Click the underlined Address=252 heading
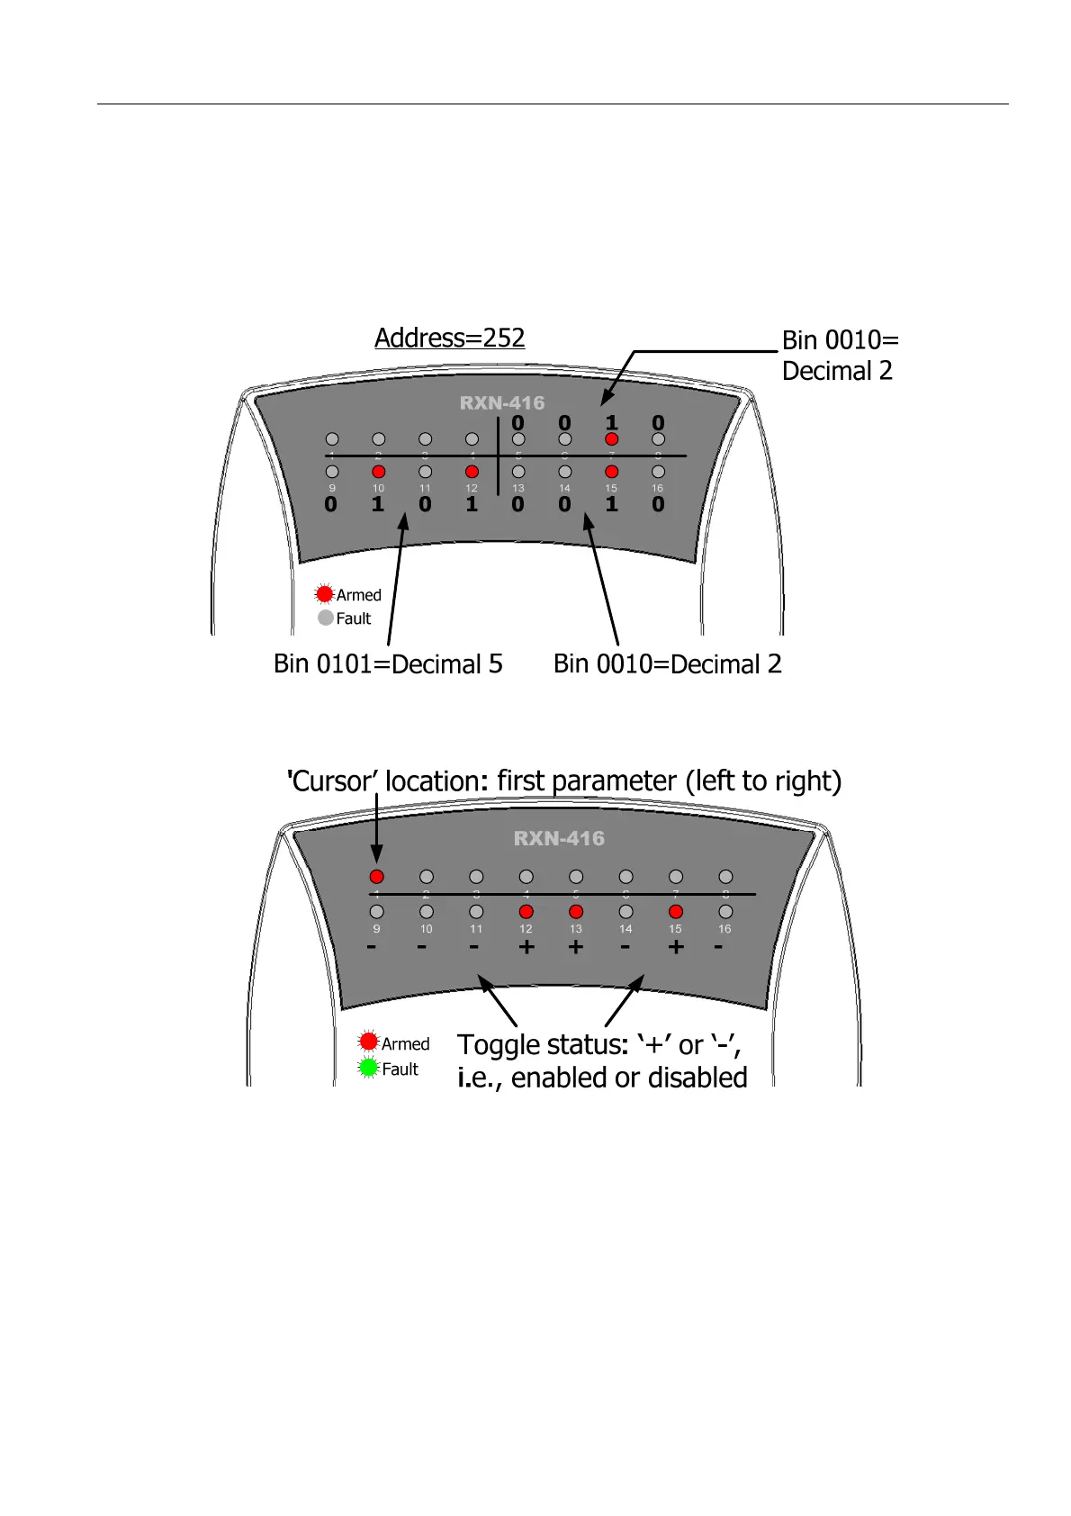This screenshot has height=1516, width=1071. tap(449, 338)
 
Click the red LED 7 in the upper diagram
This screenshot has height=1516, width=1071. tap(612, 439)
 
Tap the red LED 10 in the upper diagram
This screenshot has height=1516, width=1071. tap(378, 472)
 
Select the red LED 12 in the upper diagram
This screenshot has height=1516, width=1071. tap(472, 472)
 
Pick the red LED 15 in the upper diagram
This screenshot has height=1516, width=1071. tap(612, 472)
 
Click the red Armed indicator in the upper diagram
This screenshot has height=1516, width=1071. tap(325, 594)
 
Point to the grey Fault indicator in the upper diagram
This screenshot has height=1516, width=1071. tap(326, 618)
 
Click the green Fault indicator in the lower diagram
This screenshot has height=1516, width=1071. tap(368, 1068)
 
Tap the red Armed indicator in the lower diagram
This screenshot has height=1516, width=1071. tap(368, 1042)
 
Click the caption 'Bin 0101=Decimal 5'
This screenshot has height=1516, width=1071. tap(388, 664)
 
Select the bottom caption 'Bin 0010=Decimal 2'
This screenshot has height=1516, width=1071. tap(667, 664)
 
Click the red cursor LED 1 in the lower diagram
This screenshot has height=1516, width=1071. tap(376, 877)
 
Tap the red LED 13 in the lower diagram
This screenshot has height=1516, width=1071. tap(576, 912)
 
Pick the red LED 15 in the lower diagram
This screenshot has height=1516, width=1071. tap(676, 912)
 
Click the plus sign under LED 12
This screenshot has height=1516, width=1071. tap(526, 947)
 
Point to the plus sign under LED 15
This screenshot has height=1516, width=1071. tap(676, 947)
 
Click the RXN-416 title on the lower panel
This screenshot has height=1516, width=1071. tap(559, 839)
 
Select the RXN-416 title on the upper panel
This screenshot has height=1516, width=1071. tap(502, 403)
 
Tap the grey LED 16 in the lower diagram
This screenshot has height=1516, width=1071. tap(725, 912)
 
